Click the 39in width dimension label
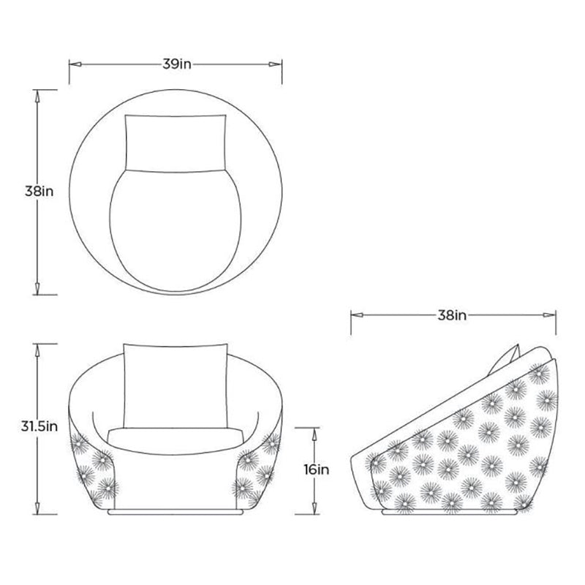(x=177, y=64)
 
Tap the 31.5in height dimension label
(x=39, y=426)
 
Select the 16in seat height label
(x=317, y=469)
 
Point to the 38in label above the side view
(x=452, y=315)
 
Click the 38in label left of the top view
(x=39, y=192)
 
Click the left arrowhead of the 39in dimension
(x=75, y=64)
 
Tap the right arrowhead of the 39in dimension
(x=276, y=64)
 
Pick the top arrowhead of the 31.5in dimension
(x=37, y=350)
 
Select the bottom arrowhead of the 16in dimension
(x=314, y=508)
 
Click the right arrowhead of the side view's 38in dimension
(x=550, y=315)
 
